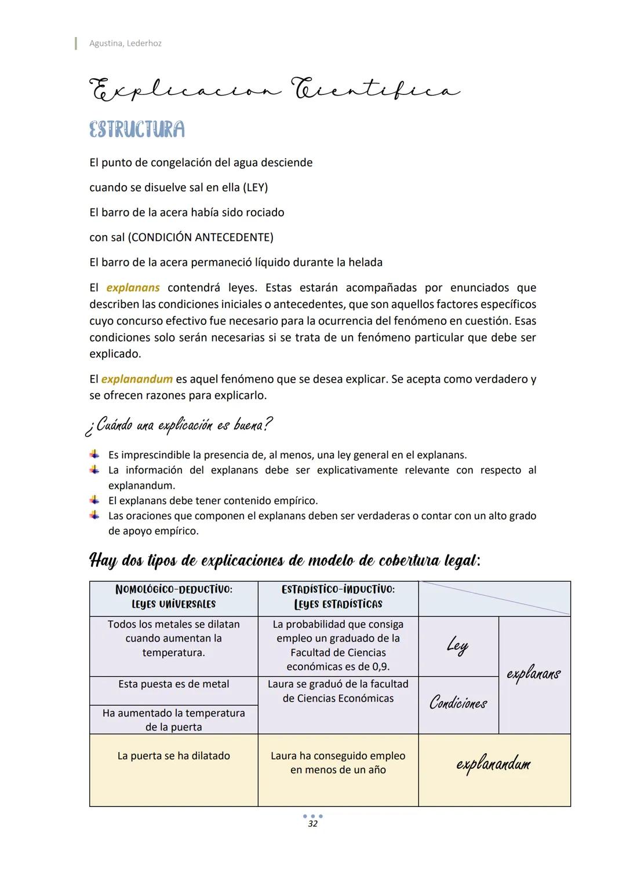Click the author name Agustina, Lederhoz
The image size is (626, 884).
(x=125, y=43)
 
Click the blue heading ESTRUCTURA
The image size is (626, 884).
(x=137, y=129)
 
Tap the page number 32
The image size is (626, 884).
(x=312, y=824)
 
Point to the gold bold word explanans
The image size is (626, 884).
(x=133, y=288)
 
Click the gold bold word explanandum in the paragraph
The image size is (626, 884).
(x=137, y=379)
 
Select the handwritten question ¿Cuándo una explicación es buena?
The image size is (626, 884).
(x=178, y=426)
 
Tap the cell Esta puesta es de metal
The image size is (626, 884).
(x=173, y=684)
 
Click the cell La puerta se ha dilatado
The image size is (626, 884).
(x=173, y=756)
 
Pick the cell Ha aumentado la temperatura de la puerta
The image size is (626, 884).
(x=173, y=720)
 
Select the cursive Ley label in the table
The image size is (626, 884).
(x=457, y=645)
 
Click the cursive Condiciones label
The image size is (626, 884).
(x=458, y=703)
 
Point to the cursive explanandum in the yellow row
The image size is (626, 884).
(x=493, y=764)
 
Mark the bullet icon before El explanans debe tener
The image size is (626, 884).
(x=94, y=500)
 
